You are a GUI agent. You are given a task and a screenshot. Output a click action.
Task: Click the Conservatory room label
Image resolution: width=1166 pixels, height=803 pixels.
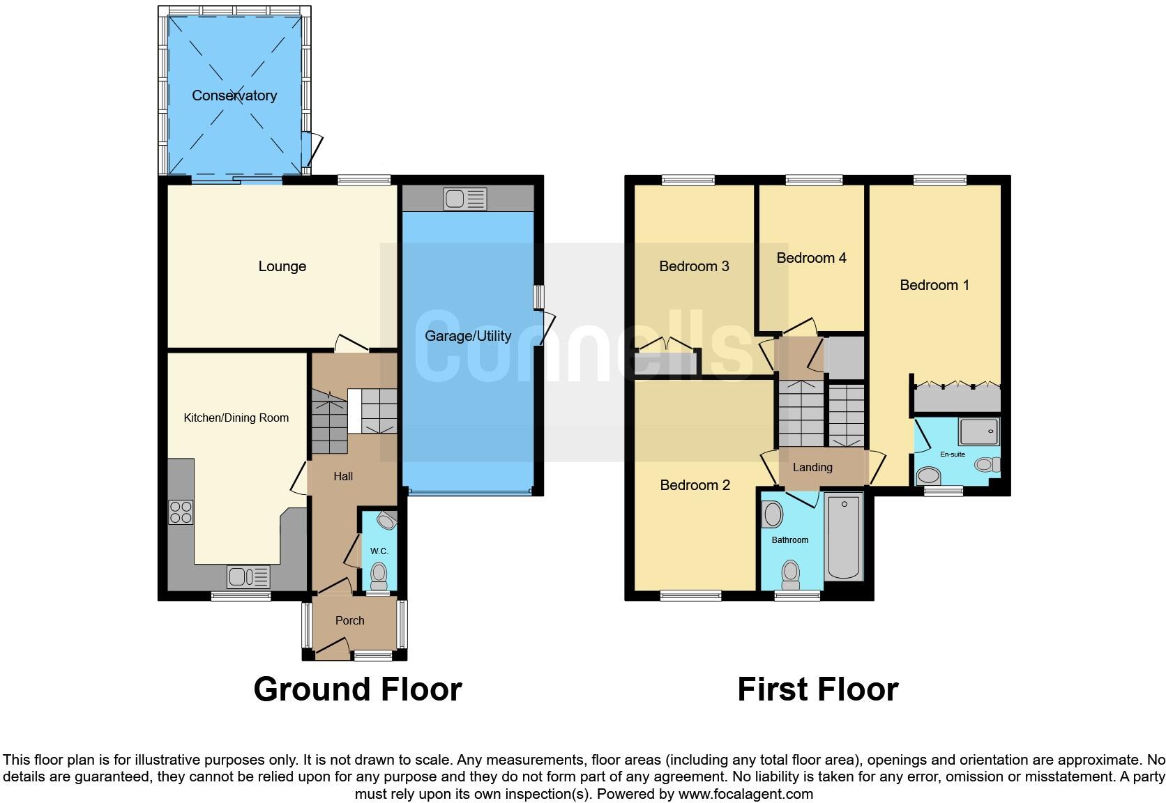pos(234,95)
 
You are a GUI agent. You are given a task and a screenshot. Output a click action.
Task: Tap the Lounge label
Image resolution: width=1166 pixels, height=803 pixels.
pos(282,266)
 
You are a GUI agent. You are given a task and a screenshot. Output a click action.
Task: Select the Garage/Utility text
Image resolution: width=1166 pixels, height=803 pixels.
pos(468,336)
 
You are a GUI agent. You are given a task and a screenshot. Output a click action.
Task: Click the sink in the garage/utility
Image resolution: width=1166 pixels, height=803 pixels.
pos(464,199)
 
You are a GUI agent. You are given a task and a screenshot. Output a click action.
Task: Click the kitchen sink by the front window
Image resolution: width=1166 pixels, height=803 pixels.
pos(248,577)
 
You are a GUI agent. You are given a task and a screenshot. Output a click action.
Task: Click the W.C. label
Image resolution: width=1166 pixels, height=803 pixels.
pos(379,551)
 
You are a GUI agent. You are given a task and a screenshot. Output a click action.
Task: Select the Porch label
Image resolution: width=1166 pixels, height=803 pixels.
pos(349,620)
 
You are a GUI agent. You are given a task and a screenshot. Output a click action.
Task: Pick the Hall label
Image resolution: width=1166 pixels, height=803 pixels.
pos(343,476)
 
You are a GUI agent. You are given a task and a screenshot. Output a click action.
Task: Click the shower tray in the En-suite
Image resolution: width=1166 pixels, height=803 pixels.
pos(978,431)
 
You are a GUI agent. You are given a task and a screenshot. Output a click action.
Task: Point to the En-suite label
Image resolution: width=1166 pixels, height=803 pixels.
pos(953,454)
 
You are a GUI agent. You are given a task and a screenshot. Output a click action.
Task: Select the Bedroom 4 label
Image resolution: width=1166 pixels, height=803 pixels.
pos(811,258)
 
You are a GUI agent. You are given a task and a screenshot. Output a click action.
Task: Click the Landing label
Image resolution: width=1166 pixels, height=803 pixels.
pos(812,467)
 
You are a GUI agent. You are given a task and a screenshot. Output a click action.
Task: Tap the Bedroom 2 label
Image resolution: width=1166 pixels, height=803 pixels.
pos(695,485)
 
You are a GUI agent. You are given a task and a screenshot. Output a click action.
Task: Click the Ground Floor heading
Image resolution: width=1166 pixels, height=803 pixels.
pos(357,689)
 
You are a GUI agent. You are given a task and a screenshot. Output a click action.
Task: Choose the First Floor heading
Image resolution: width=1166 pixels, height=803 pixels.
pos(817,689)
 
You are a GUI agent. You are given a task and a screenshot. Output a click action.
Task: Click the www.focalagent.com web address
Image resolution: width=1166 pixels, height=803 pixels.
pos(745,793)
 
